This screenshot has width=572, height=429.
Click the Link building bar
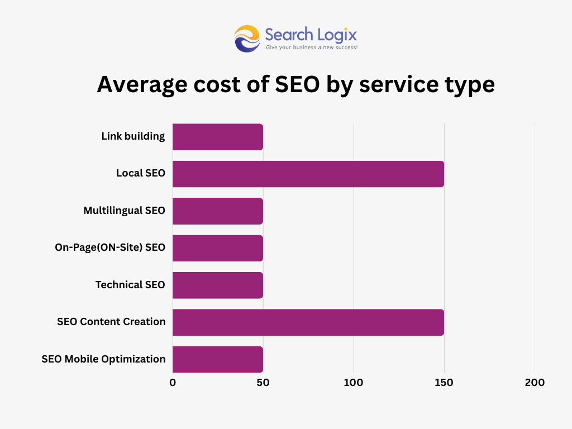coord(217,137)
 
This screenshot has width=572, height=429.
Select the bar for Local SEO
coord(308,174)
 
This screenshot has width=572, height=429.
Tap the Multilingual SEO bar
coord(217,211)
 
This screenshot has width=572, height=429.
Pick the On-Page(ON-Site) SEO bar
coord(217,248)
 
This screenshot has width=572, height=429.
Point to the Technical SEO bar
coord(217,285)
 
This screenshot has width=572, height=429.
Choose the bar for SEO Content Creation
coord(308,322)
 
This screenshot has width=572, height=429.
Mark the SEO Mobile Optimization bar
coord(217,359)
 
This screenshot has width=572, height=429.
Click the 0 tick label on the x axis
coord(173,383)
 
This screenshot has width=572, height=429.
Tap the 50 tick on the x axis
coord(263,383)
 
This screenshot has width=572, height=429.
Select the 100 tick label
coord(354,383)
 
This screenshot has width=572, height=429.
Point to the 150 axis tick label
coord(444,383)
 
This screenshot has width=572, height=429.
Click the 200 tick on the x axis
coord(535,383)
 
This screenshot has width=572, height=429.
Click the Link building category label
coord(133,136)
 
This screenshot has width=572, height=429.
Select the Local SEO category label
coord(141,173)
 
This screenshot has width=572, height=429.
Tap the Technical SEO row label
coord(130,285)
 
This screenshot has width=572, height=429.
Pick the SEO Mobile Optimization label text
coord(103,359)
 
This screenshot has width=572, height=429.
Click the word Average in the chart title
coord(143,85)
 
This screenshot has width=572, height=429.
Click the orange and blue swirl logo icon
coord(247,39)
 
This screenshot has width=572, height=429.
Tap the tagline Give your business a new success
coord(311,48)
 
